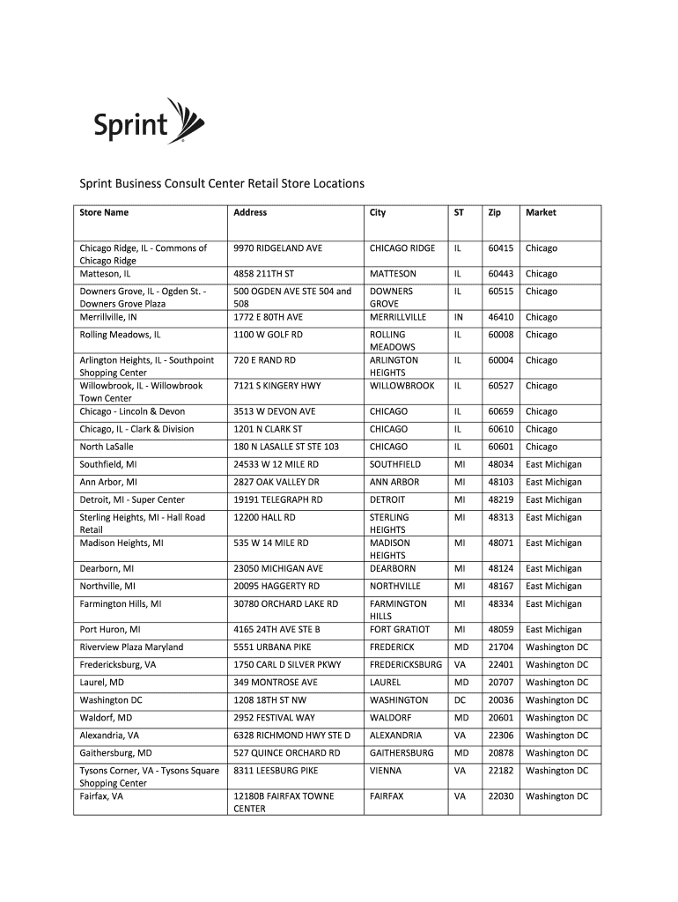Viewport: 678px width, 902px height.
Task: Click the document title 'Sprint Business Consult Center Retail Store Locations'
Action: point(222,183)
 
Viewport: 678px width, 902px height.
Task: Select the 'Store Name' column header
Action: point(104,212)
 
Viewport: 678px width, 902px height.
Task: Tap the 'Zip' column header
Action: point(495,212)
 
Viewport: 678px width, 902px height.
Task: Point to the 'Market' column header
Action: point(541,212)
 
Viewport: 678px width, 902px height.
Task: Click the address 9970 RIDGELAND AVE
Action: point(277,248)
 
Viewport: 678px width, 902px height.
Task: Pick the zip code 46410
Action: point(501,317)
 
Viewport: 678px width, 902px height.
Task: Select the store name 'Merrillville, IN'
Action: point(108,317)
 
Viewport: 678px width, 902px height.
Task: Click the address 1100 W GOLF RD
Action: point(268,335)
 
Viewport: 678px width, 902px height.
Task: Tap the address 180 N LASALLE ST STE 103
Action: point(286,447)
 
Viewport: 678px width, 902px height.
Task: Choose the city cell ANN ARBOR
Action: point(394,482)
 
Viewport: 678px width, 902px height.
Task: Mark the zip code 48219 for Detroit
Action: point(501,499)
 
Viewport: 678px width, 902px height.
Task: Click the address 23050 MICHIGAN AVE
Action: point(278,568)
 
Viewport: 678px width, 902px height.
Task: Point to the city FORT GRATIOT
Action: point(400,629)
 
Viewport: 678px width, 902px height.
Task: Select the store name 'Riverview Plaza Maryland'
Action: point(131,647)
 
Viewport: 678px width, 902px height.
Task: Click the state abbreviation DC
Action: point(460,699)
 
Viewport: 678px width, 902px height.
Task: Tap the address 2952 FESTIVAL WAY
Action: point(274,717)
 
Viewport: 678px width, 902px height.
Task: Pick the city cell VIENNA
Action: point(385,770)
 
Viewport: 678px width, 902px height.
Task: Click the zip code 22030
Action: point(501,795)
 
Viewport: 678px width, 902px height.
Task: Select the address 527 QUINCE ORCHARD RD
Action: point(286,752)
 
